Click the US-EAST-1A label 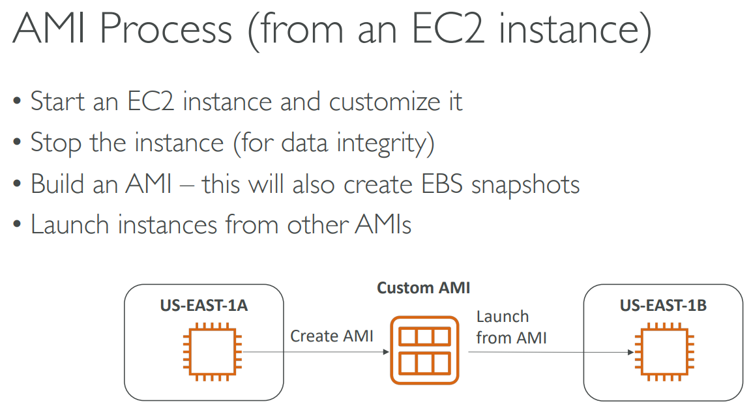click(204, 306)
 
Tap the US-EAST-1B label click(663, 306)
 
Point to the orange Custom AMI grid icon click(423, 349)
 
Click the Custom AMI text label click(423, 287)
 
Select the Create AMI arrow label click(332, 336)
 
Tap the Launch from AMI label click(511, 327)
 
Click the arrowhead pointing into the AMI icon click(385, 353)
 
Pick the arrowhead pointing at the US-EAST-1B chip click(631, 353)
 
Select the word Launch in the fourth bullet click(70, 225)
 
